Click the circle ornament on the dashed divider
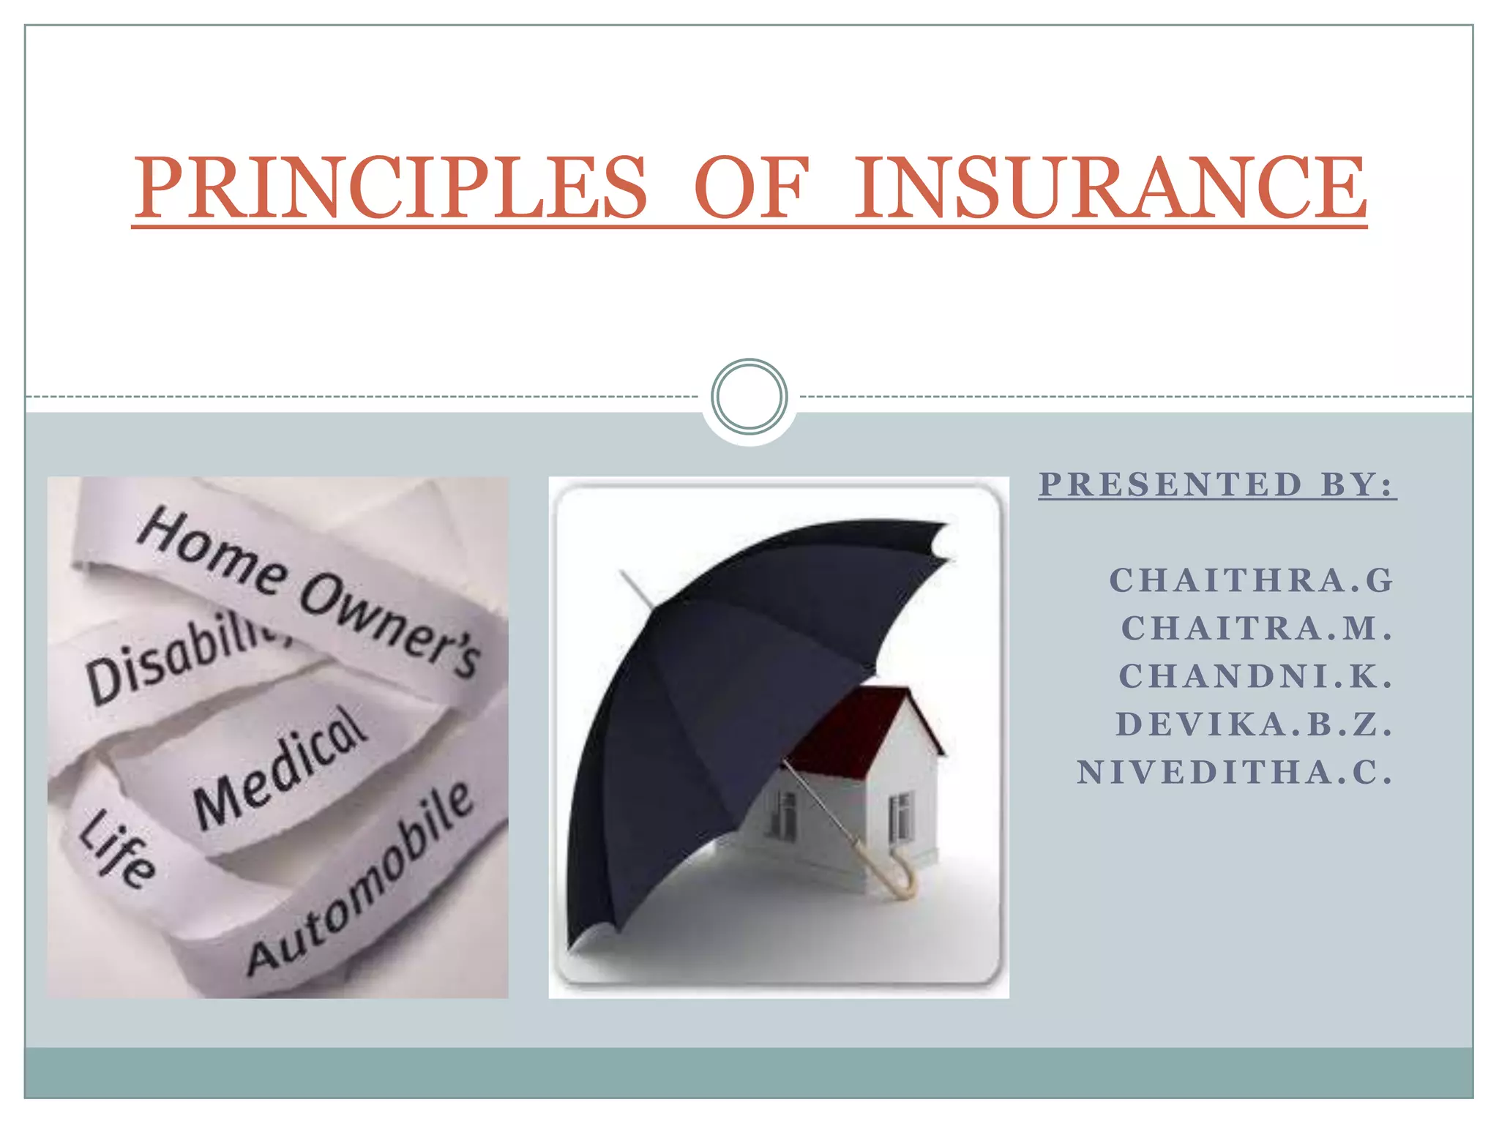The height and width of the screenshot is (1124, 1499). (x=749, y=397)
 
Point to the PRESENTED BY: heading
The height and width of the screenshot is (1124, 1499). (x=1217, y=484)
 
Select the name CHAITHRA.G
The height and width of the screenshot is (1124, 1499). (x=1251, y=580)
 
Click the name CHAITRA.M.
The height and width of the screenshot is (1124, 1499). (x=1256, y=628)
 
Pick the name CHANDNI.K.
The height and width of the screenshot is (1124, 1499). (x=1255, y=676)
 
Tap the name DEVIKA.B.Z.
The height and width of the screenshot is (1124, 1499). (x=1254, y=724)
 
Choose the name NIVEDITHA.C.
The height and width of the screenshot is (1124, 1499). (x=1235, y=773)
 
